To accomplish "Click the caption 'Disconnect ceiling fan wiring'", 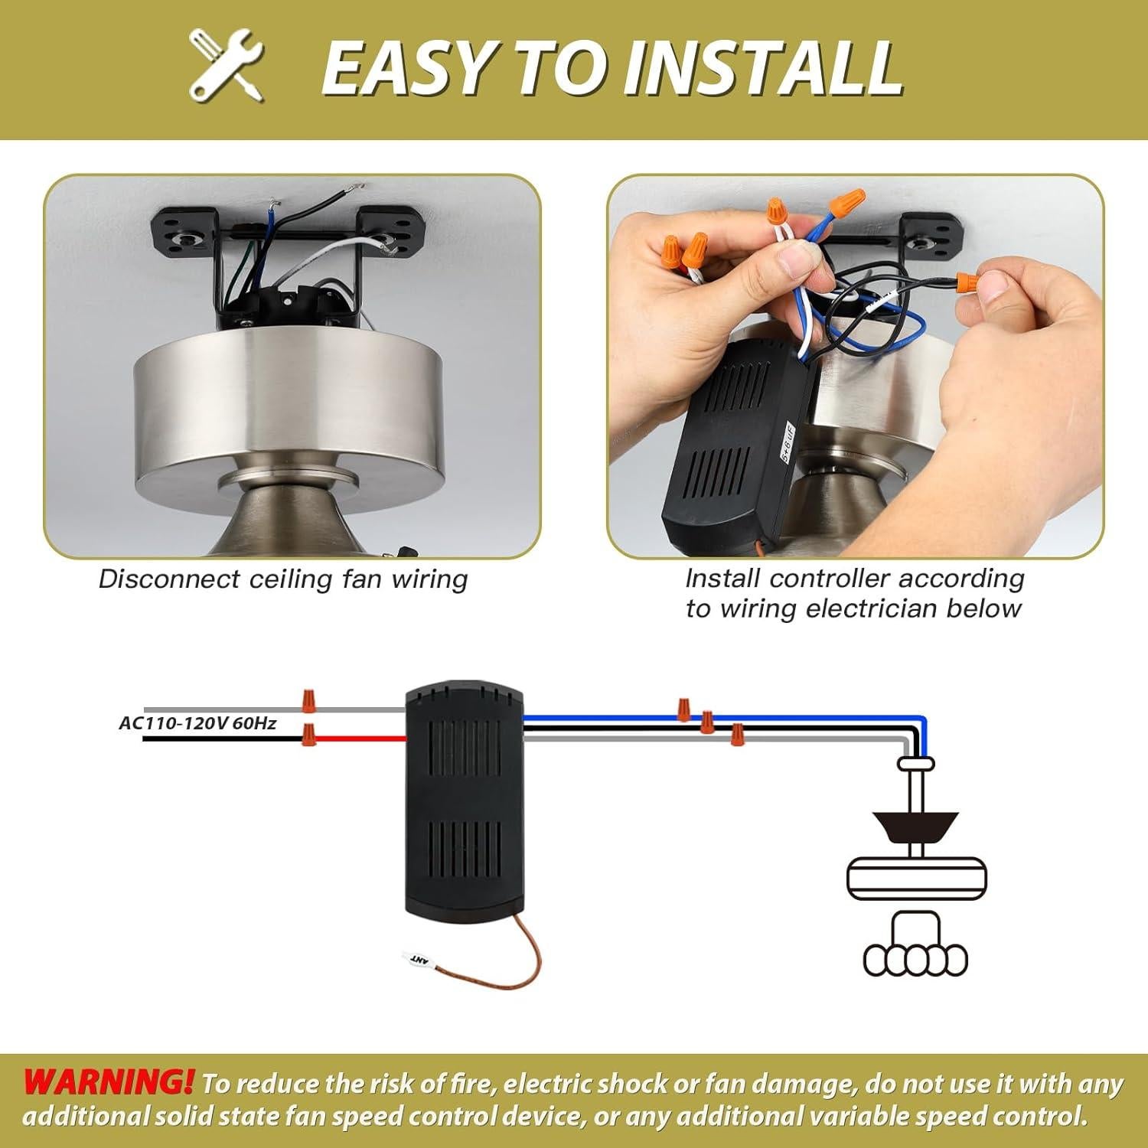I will click(x=282, y=579).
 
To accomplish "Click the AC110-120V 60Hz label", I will click(x=197, y=723).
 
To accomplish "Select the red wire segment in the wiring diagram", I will click(x=360, y=739).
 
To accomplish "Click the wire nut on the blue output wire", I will click(x=683, y=709).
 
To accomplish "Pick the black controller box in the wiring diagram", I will click(x=464, y=804).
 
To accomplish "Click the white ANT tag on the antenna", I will click(x=419, y=958).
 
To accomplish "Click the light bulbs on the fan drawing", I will click(x=915, y=960).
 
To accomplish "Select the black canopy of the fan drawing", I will click(x=916, y=824).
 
